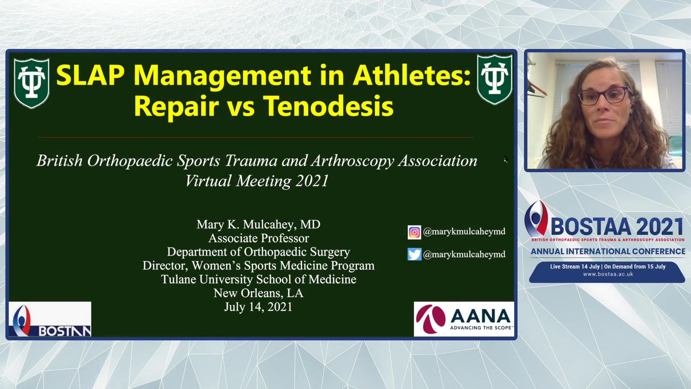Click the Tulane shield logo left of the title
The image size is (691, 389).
pos(32,83)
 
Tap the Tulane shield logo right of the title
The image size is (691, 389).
pos(494,79)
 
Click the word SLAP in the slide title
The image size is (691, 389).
pos(90,75)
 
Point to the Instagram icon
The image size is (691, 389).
pos(414,232)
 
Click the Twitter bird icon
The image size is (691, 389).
pos(414,254)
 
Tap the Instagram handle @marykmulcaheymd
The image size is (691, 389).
pos(464,232)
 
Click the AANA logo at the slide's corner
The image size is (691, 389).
pos(464,319)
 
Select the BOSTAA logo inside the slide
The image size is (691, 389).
pos(50,319)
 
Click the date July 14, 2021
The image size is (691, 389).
pos(258,307)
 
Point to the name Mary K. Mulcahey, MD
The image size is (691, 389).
pos(258,224)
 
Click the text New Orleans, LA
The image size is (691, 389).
pos(258,293)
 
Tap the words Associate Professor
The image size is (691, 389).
pos(258,238)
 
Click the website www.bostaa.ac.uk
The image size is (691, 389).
pos(608,274)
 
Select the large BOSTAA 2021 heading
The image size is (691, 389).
pos(617,227)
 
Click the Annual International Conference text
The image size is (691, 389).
pos(608,251)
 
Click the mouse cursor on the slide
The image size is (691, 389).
pos(506,159)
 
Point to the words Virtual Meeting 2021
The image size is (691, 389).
pos(257,181)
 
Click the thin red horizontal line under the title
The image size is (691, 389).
pos(255,137)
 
